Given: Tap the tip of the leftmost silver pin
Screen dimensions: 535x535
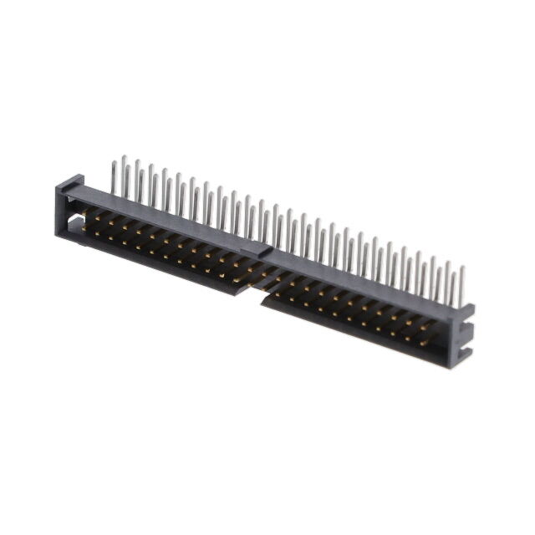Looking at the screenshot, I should pos(124,157).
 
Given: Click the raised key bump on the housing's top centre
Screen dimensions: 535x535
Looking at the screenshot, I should pos(258,249).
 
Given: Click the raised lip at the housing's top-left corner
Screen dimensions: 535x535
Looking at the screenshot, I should pos(72,182).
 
